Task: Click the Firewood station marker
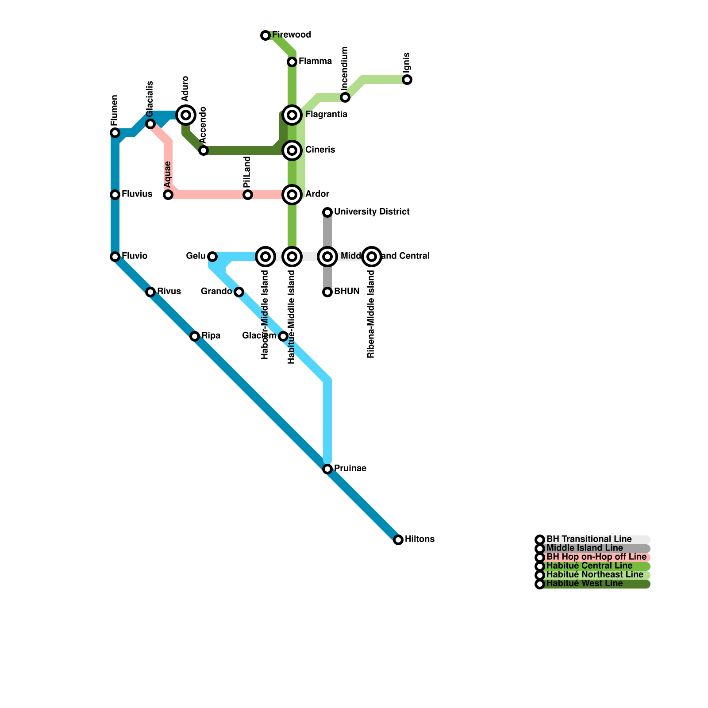(265, 35)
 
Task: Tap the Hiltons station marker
(398, 539)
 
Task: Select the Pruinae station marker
(327, 469)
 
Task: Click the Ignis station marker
(407, 80)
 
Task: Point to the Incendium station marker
(345, 97)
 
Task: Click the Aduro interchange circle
(186, 115)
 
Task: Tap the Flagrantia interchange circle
(292, 115)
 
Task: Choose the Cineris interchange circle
(292, 150)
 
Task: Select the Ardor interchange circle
(292, 195)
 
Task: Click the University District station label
(372, 212)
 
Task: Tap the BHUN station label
(346, 292)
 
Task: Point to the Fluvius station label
(137, 194)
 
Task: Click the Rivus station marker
(150, 292)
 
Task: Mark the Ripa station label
(211, 336)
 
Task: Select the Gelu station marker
(212, 257)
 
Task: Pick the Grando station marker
(239, 292)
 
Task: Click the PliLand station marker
(248, 195)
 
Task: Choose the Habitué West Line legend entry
(584, 584)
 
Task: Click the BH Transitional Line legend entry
(589, 539)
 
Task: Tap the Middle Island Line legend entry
(584, 548)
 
